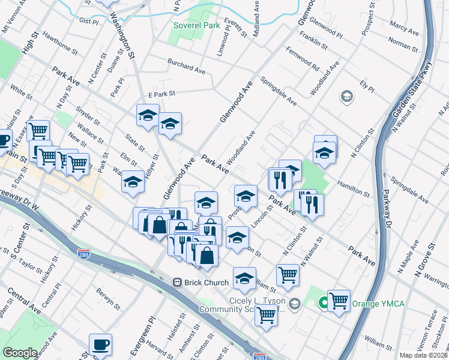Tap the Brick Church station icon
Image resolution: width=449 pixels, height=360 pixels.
[178, 282]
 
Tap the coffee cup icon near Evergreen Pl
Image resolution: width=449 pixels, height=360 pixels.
[100, 346]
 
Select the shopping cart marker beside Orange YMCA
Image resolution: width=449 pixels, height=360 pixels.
[339, 300]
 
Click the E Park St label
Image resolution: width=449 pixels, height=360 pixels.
[161, 94]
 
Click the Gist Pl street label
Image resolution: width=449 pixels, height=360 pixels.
[88, 20]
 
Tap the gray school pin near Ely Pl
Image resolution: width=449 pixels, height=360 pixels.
[346, 95]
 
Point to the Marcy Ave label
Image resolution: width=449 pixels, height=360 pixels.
[404, 28]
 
